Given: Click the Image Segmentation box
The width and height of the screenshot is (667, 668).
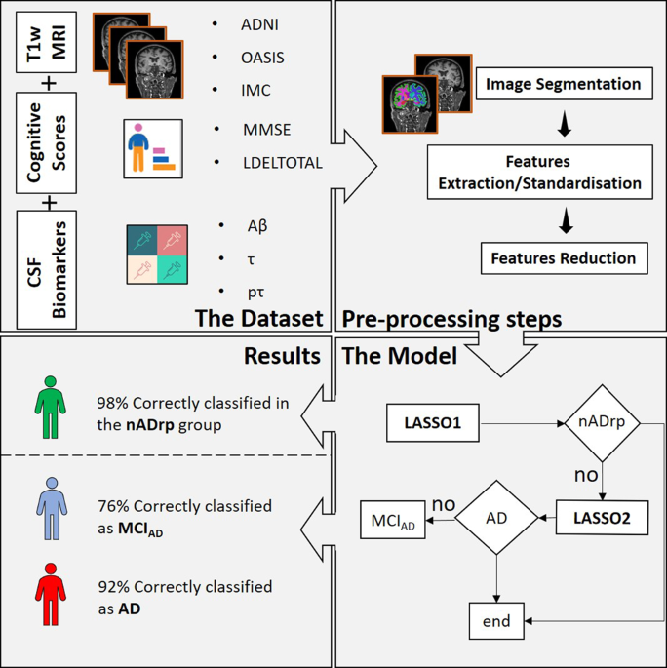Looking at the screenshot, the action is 564,84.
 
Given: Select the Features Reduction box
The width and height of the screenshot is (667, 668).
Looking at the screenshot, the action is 564,258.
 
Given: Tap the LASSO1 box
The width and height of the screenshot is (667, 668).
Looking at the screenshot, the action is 432,422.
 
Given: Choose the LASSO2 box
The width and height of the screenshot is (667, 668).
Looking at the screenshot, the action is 602,518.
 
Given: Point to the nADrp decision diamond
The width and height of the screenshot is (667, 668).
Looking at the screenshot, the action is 602,423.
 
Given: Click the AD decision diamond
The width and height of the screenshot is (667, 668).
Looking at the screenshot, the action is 496,518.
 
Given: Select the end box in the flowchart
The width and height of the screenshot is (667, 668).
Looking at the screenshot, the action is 496,621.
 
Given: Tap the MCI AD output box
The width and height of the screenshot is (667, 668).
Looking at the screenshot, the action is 393,520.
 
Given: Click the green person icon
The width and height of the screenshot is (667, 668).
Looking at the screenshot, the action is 51,408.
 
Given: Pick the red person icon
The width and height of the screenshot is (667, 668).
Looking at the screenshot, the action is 51,594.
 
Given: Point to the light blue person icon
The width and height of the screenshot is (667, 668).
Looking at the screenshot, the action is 52,509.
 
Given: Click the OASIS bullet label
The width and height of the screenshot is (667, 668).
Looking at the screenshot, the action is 262,58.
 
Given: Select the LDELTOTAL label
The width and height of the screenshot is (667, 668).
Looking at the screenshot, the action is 283,163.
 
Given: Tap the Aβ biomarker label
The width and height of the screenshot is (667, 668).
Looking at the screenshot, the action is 257,226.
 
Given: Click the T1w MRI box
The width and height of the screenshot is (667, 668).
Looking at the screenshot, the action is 47,42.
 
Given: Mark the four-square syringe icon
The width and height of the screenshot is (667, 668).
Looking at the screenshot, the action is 157,255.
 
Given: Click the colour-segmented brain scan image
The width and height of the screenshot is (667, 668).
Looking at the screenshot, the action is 410,104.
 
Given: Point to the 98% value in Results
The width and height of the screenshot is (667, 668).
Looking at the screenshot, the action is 112,403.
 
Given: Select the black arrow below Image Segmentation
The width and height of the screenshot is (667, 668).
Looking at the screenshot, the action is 565,124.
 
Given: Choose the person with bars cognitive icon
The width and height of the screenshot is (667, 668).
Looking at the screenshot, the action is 153,148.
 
